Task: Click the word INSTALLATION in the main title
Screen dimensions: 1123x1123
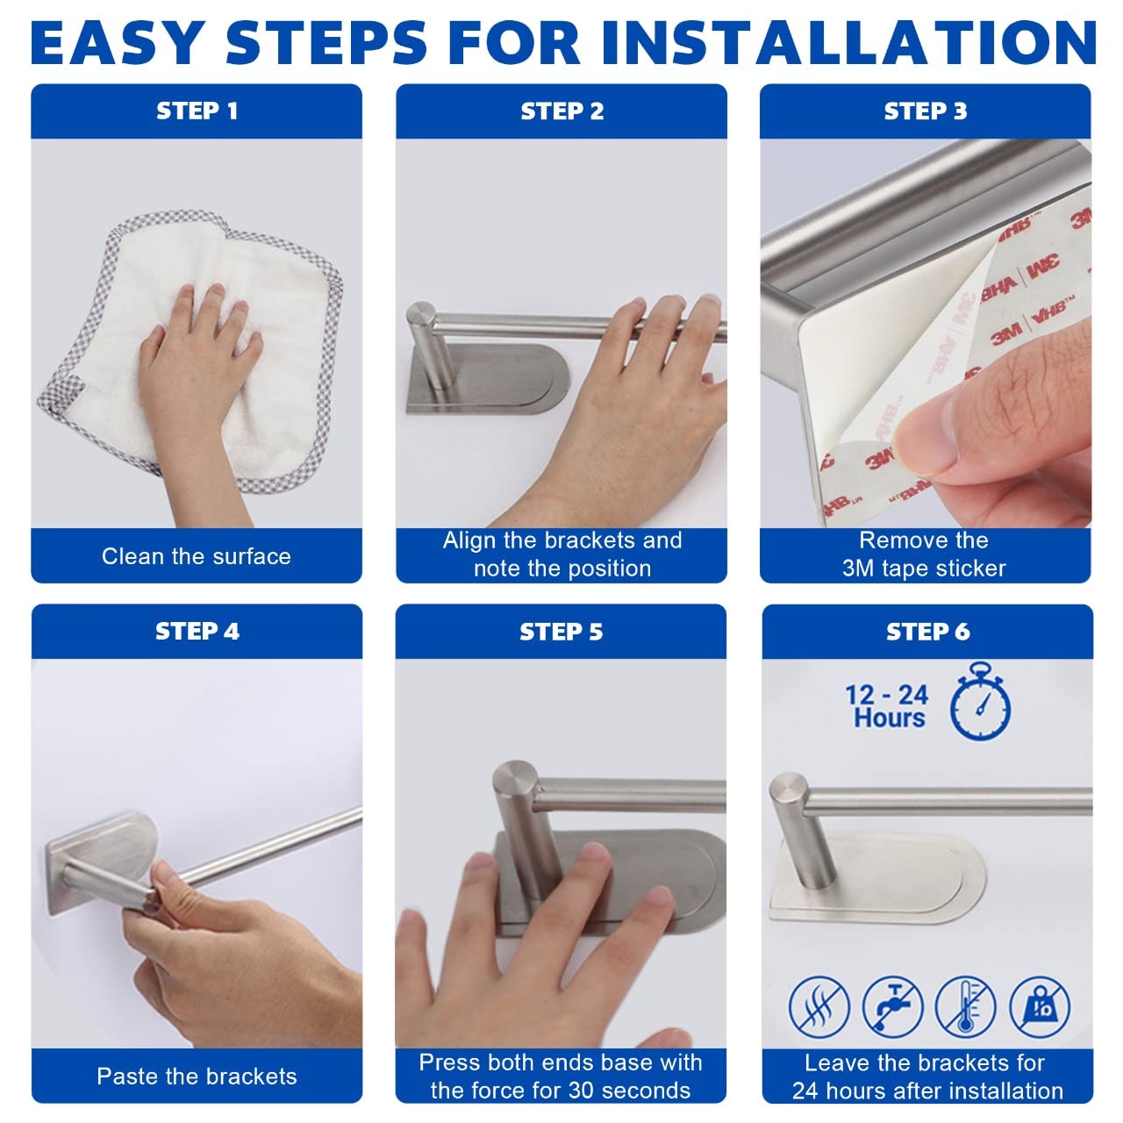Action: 849,42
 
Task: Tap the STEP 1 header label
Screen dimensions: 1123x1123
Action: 197,111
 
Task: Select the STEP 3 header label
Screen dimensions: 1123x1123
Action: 926,111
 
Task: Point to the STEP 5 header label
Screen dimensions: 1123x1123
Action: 561,632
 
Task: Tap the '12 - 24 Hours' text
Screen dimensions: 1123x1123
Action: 886,705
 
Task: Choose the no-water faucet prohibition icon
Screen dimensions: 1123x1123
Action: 892,1007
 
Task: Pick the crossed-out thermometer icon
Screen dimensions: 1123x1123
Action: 965,1007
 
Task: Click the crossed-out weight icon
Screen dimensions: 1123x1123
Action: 1040,1007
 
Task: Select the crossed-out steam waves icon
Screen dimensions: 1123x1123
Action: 819,1007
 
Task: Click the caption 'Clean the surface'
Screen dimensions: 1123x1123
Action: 197,556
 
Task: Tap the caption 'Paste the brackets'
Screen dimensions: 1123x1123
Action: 197,1077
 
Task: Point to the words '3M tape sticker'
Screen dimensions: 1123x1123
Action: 924,569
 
